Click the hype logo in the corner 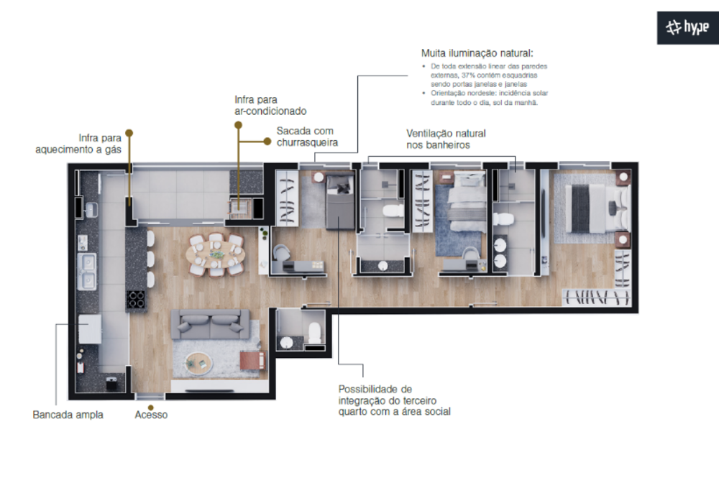[687, 28]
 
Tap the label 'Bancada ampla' [68, 415]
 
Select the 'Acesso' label [151, 415]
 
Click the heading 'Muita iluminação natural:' [477, 52]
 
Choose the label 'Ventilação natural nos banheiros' [446, 139]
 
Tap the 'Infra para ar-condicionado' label [270, 105]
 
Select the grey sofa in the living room [210, 323]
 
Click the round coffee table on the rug [198, 364]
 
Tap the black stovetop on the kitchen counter [137, 298]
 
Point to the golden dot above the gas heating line [129, 132]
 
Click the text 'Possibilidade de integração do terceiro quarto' [395, 400]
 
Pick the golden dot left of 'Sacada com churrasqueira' [238, 125]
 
